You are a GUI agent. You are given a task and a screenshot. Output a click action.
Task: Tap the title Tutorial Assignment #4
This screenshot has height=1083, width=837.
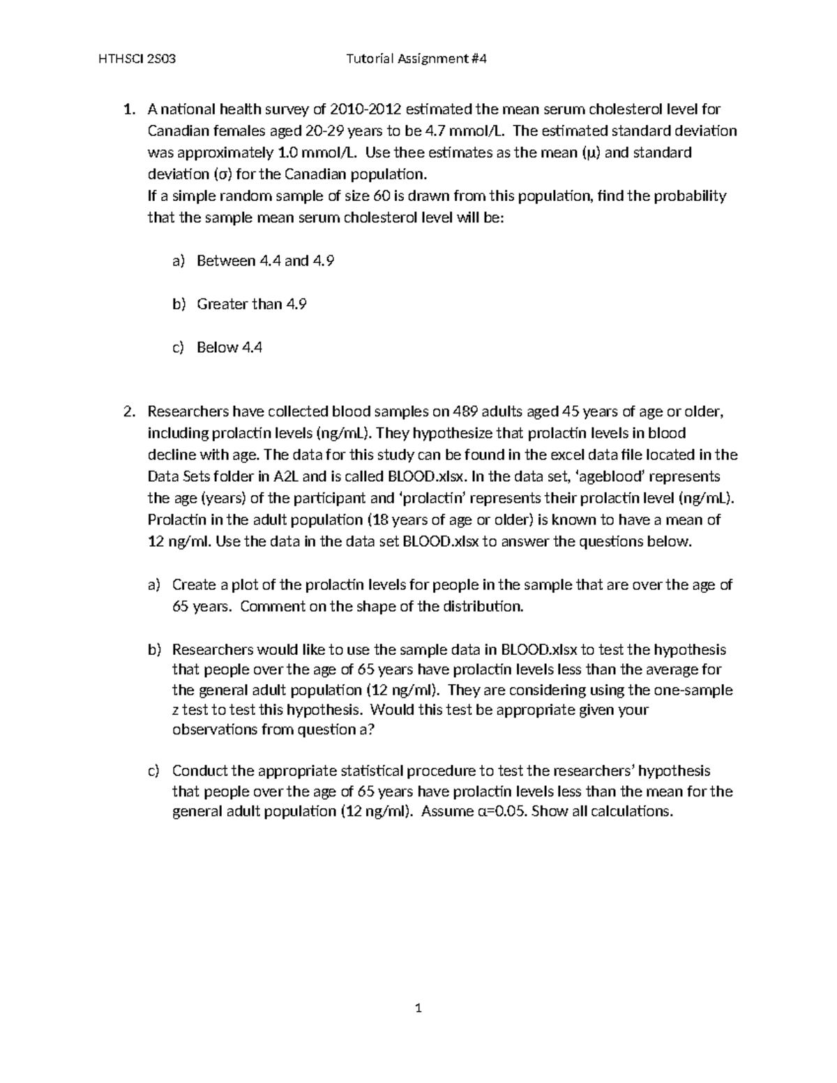(416, 59)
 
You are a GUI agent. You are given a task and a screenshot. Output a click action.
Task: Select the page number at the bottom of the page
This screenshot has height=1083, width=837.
(418, 1008)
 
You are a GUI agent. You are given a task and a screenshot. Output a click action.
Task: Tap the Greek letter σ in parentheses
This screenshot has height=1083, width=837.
(217, 174)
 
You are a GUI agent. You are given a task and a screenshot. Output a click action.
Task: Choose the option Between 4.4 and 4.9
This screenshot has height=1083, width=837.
(266, 261)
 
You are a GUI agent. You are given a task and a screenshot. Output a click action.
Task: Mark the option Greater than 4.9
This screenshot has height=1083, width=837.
(252, 304)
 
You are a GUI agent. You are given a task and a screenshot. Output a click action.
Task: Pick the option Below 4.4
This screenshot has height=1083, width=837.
(229, 347)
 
